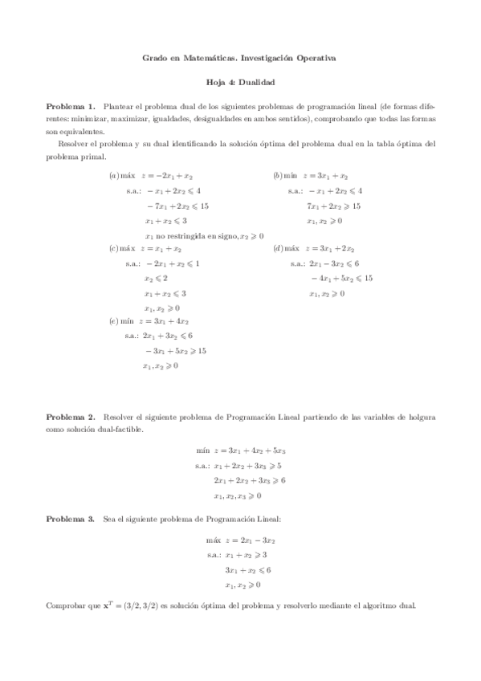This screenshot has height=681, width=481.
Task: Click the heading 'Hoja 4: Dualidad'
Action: click(241, 83)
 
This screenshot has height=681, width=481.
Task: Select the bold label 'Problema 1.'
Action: click(71, 106)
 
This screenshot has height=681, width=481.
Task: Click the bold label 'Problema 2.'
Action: click(71, 418)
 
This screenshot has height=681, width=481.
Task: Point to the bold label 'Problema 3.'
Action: click(71, 520)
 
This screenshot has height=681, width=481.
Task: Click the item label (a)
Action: click(114, 175)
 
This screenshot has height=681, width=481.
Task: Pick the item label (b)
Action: click(278, 175)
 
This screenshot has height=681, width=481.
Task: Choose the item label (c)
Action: click(114, 249)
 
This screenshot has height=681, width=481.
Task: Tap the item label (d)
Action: click(278, 249)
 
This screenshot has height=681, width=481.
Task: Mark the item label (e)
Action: click(114, 321)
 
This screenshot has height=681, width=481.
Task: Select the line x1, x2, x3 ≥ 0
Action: click(238, 495)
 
